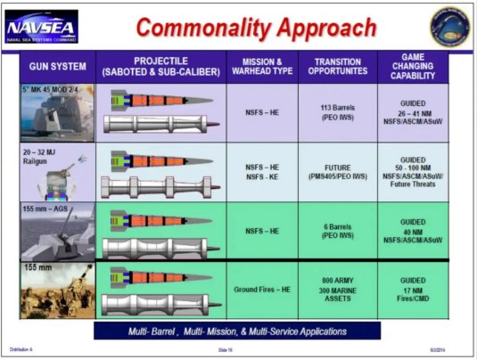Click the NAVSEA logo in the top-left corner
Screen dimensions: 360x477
(x=41, y=27)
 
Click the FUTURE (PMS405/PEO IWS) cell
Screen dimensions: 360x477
(x=337, y=172)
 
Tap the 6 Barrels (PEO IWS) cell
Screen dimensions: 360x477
(x=337, y=231)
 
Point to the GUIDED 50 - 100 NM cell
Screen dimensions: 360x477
(x=413, y=172)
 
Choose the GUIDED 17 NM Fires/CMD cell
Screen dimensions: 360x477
(x=413, y=290)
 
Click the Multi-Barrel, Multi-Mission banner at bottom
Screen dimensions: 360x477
(x=237, y=331)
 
